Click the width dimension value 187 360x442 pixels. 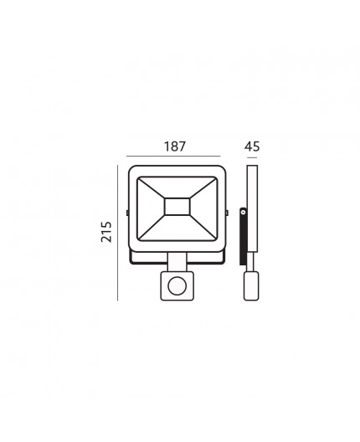point(175,146)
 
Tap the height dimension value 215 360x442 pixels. point(106,232)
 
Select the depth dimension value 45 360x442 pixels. point(252,146)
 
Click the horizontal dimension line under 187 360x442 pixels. point(173,156)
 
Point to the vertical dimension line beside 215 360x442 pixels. point(117,233)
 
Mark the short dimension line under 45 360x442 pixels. point(252,157)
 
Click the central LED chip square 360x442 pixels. point(177,207)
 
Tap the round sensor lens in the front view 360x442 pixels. point(177,285)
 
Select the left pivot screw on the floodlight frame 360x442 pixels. point(127,213)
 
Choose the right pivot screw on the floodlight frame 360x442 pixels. point(227,213)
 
